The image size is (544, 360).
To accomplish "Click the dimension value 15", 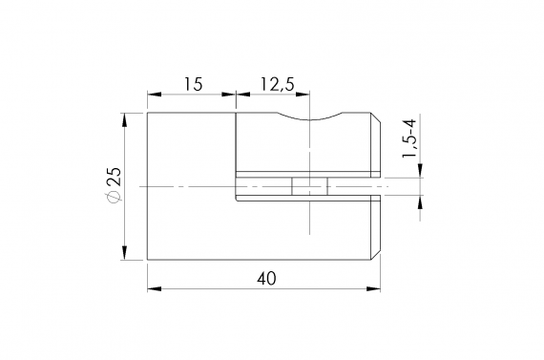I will pos(192,85).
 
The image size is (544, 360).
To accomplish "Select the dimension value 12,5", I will pos(276,85).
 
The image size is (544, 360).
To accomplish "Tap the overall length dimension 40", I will pos(267,279).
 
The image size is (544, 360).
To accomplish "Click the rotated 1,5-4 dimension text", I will pos(408,139).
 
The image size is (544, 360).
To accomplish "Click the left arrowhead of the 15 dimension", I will pos(153,94).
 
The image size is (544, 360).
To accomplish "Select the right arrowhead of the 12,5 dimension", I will pos(305,94).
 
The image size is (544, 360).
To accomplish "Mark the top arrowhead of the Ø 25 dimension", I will pos(125,118).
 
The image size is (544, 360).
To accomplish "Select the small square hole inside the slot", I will pos(310,186).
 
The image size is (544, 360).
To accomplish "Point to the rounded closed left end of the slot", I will pos(238,186).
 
